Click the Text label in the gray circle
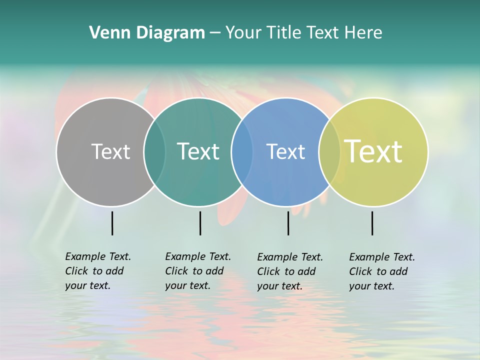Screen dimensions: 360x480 point(110,151)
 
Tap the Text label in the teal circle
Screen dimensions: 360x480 point(198,151)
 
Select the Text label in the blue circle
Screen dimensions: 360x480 point(285,151)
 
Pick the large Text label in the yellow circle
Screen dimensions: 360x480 point(373,151)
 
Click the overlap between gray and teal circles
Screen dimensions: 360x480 point(154,151)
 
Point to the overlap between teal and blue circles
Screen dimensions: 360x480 point(242,151)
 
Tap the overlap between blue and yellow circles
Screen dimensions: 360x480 point(329,151)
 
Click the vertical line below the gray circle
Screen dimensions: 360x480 point(112,223)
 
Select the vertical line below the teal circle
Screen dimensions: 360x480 point(200,223)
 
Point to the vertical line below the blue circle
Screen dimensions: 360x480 point(288,223)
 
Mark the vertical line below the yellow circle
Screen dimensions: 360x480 point(372,223)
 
